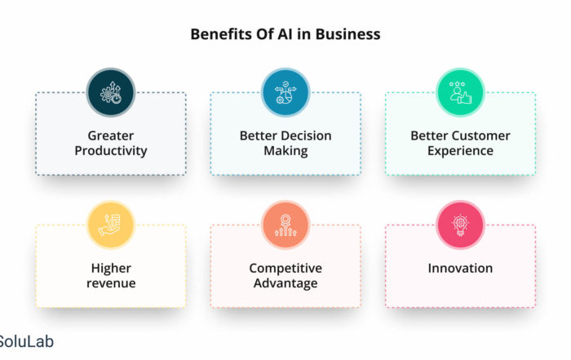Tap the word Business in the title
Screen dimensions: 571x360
pyautogui.click(x=347, y=34)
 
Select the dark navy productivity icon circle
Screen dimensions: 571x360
pyautogui.click(x=111, y=92)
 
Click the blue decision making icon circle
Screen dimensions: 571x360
pyautogui.click(x=285, y=92)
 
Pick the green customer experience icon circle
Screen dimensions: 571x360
pyautogui.click(x=460, y=92)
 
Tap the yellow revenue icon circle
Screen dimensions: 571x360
pyautogui.click(x=111, y=224)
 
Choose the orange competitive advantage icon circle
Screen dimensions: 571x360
pyautogui.click(x=285, y=224)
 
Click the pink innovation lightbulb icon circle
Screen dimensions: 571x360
pyautogui.click(x=460, y=224)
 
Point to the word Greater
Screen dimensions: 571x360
pyautogui.click(x=111, y=136)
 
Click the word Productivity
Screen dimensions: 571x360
pyautogui.click(x=111, y=151)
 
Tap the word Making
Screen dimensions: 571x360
pyautogui.click(x=285, y=151)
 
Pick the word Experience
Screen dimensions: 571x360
pyautogui.click(x=460, y=151)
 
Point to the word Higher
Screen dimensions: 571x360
pyautogui.click(x=111, y=269)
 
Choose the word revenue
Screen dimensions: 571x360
pyautogui.click(x=111, y=283)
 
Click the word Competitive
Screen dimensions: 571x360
pyautogui.click(x=285, y=269)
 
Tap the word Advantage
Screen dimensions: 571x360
pyautogui.click(x=285, y=283)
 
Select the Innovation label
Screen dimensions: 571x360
pyautogui.click(x=460, y=269)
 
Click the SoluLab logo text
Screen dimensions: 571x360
pyautogui.click(x=27, y=342)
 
